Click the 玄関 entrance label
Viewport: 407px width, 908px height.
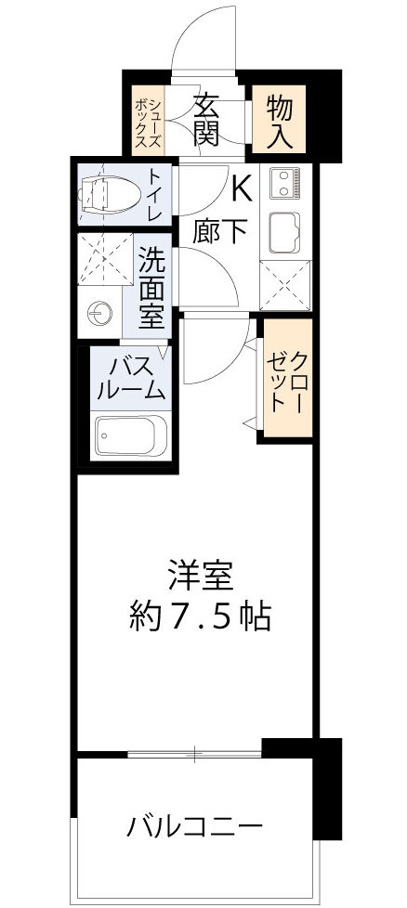coord(206,119)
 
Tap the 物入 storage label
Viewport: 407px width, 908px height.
coord(280,119)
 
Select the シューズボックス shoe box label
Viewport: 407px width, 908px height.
coord(146,120)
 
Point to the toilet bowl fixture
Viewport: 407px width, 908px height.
coord(110,192)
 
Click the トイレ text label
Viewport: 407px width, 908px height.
coord(155,193)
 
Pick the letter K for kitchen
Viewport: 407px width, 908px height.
coord(240,189)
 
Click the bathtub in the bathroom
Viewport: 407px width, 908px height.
coord(130,435)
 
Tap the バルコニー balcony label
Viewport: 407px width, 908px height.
coord(196,825)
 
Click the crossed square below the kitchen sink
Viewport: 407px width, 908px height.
coord(285,286)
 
